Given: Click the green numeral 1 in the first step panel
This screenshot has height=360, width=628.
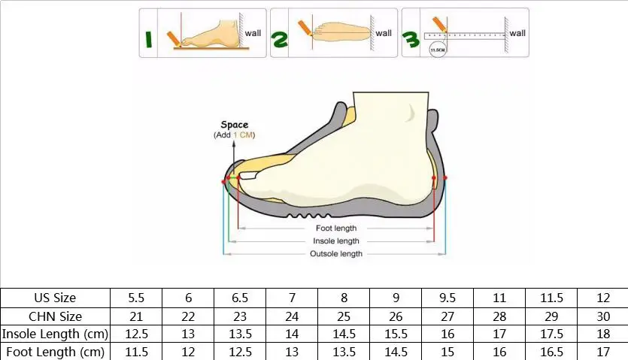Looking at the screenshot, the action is pyautogui.click(x=149, y=40).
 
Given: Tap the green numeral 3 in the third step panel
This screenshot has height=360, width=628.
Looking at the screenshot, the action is pyautogui.click(x=411, y=40).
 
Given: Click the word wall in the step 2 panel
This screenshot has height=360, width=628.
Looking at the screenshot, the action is pyautogui.click(x=384, y=33).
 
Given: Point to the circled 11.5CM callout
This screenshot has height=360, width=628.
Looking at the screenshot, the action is pyautogui.click(x=438, y=50).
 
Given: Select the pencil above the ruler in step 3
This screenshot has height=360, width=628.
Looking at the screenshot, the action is pyautogui.click(x=440, y=24).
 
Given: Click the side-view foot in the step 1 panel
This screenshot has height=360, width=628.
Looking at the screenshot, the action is pyautogui.click(x=211, y=33).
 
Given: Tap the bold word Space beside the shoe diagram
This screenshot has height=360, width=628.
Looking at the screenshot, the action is pyautogui.click(x=235, y=125).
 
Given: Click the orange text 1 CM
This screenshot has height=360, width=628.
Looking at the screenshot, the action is pyautogui.click(x=243, y=135).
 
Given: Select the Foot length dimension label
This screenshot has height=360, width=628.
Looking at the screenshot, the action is pyautogui.click(x=336, y=228).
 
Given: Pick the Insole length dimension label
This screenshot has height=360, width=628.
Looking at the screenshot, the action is pyautogui.click(x=336, y=241).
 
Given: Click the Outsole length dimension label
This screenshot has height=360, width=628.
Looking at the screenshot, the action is pyautogui.click(x=336, y=254).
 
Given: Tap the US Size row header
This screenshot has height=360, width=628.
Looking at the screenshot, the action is pyautogui.click(x=55, y=298).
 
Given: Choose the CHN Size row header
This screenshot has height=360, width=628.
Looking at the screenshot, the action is pyautogui.click(x=55, y=316).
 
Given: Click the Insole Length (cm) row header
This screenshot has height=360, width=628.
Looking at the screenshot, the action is pyautogui.click(x=55, y=334).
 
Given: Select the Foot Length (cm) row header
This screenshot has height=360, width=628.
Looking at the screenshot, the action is pyautogui.click(x=55, y=352).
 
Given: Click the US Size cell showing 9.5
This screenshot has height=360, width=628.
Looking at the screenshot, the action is pyautogui.click(x=447, y=298).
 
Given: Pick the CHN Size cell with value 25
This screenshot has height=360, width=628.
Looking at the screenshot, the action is pyautogui.click(x=344, y=316).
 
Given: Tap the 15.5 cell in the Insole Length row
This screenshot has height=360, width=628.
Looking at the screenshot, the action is pyautogui.click(x=396, y=334).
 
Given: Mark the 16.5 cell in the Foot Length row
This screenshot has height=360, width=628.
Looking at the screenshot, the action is pyautogui.click(x=551, y=352).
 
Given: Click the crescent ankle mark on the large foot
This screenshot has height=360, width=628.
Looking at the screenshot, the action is pyautogui.click(x=410, y=113).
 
